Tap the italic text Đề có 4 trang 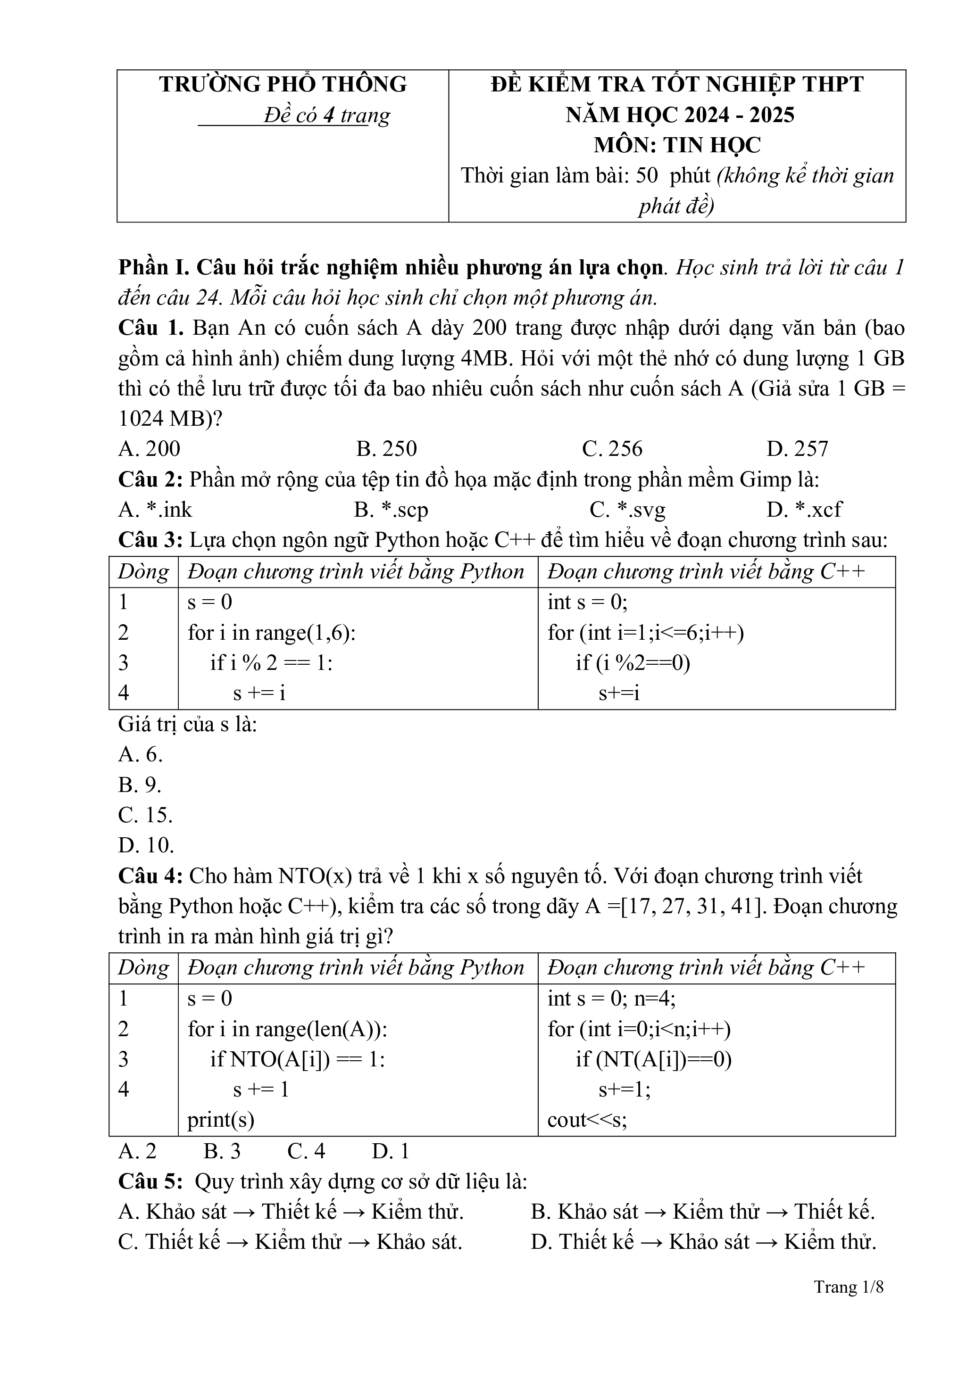pyautogui.click(x=326, y=115)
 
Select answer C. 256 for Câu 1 pyautogui.click(x=612, y=449)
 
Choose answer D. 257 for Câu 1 pyautogui.click(x=797, y=449)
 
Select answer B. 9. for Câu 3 pyautogui.click(x=140, y=784)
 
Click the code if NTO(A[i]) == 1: pyautogui.click(x=297, y=1059)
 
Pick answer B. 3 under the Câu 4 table pyautogui.click(x=222, y=1151)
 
